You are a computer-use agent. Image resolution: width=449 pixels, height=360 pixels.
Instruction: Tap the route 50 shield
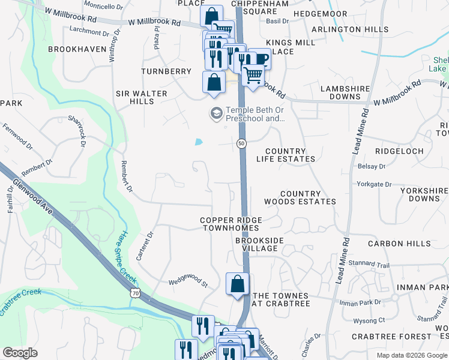pyautogui.click(x=241, y=143)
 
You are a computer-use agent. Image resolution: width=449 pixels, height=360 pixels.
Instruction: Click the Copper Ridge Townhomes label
pyautogui.click(x=230, y=224)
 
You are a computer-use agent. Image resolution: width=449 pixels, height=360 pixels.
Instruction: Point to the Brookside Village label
pyautogui.click(x=259, y=244)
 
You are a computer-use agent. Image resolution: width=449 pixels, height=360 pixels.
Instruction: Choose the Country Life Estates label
pyautogui.click(x=285, y=155)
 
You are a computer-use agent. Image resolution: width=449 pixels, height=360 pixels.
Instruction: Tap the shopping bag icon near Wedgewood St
pyautogui.click(x=238, y=283)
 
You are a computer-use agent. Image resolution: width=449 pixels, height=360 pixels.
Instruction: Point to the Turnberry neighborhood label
pyautogui.click(x=166, y=71)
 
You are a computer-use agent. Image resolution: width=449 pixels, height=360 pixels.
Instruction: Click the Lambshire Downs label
pyautogui.click(x=348, y=92)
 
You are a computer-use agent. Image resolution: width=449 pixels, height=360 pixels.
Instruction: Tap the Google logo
pyautogui.click(x=20, y=353)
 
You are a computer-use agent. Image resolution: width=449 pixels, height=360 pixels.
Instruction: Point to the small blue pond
pyautogui.click(x=198, y=142)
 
